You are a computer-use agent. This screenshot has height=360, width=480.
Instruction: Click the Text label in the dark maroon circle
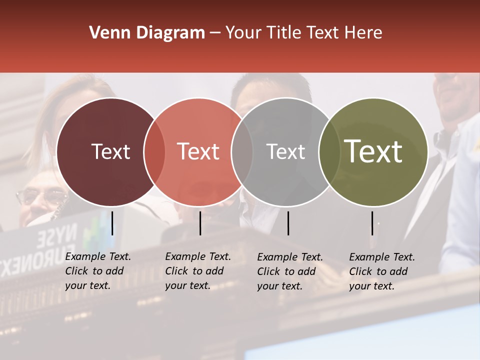(110, 151)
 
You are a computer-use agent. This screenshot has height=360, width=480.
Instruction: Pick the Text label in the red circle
(198, 151)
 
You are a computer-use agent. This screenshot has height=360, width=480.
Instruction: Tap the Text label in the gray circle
(285, 151)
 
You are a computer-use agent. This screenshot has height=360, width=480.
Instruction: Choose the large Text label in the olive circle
(373, 151)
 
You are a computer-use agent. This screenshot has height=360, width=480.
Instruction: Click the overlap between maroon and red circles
(154, 152)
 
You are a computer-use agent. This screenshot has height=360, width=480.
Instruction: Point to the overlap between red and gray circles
(242, 152)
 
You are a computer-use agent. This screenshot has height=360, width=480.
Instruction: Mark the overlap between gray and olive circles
(329, 152)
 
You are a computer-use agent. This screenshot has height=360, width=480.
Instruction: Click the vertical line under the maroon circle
(112, 223)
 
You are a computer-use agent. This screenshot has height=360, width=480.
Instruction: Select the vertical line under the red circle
(200, 223)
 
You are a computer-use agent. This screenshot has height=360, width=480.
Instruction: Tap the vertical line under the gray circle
(288, 223)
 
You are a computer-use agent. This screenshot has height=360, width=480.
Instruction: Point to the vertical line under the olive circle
(372, 223)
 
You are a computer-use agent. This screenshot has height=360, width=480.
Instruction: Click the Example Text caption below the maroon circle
(98, 271)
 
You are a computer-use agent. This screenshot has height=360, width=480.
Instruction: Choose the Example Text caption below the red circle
(198, 271)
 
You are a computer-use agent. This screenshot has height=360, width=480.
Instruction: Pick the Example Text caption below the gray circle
(290, 271)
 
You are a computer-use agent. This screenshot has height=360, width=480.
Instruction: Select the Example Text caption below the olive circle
(382, 271)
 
